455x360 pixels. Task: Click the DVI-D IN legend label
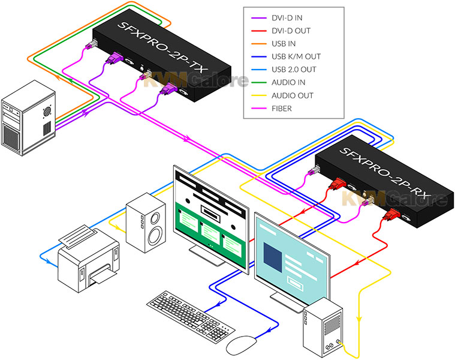tap(287, 18)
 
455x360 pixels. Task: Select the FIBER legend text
tap(282, 109)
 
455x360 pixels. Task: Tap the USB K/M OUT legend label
tap(296, 56)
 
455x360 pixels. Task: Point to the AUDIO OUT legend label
tap(292, 95)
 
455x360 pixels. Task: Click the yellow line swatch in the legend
tap(259, 95)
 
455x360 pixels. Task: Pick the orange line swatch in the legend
tap(259, 44)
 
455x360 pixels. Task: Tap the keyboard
tap(191, 316)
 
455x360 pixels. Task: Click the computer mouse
tap(241, 345)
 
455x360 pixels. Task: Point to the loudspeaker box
tap(146, 222)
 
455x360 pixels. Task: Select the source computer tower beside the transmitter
tap(28, 118)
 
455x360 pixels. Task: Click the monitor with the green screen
tap(211, 219)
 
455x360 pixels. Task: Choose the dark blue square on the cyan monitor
tap(273, 257)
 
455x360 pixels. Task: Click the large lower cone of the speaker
tap(155, 235)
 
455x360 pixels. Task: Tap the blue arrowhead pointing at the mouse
tap(269, 331)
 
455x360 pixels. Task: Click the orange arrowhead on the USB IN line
tap(58, 77)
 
